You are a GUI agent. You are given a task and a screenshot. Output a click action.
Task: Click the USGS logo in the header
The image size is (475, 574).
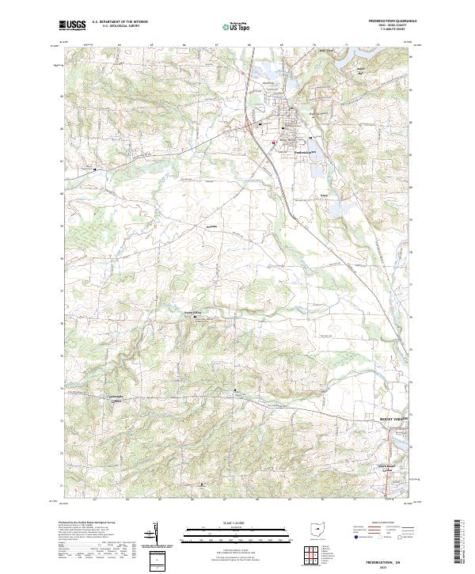coord(73,25)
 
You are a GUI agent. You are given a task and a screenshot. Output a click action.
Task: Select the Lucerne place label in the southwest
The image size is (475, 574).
coord(116,400)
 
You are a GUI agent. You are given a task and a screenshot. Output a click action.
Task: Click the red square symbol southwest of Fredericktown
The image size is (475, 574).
coord(274,143)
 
